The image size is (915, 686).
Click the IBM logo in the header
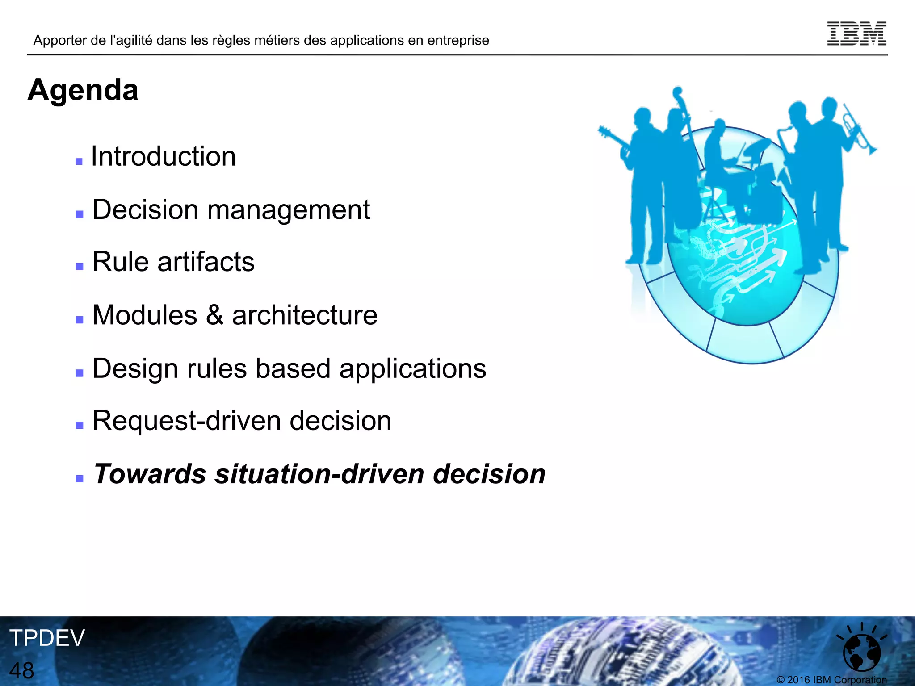pos(856,33)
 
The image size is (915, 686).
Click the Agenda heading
pos(83,90)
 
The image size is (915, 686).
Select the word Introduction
pos(164,157)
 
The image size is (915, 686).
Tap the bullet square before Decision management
pos(80,214)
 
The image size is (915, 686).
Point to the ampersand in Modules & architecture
pos(214,315)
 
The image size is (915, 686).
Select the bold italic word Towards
pos(149,474)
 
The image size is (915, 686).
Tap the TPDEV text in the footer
pos(47,638)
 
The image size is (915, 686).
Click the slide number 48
pos(21,670)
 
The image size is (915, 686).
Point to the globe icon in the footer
pos(861,650)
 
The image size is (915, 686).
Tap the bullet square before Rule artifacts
pos(80,267)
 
